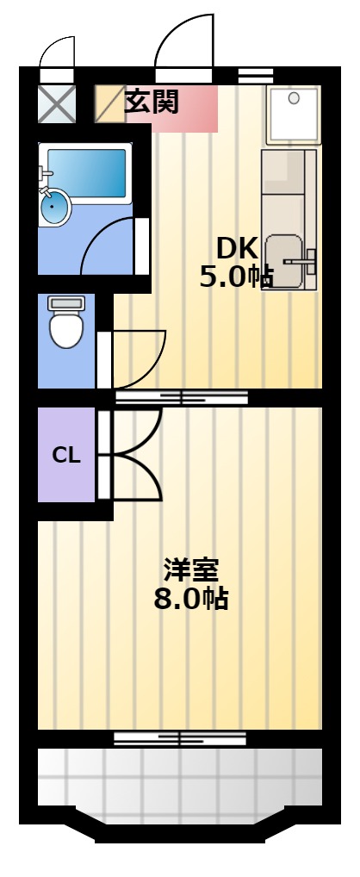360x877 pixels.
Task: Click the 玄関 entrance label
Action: [x=151, y=102]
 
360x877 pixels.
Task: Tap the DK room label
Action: [x=237, y=249]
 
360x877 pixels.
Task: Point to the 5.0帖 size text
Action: [x=237, y=277]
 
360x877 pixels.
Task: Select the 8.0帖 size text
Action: [x=190, y=599]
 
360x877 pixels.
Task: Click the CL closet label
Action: [x=66, y=456]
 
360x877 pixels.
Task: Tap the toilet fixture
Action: [x=66, y=321]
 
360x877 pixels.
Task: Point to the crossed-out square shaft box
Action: [x=57, y=103]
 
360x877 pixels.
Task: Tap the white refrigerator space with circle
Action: [x=293, y=114]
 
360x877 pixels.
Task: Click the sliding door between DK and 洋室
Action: [x=182, y=398]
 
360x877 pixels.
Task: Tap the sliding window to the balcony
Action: [x=180, y=738]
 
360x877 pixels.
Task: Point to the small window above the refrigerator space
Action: [x=256, y=75]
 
